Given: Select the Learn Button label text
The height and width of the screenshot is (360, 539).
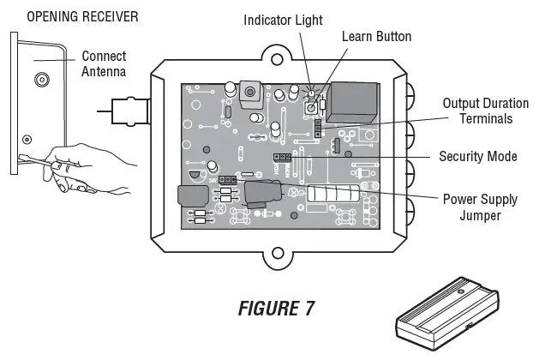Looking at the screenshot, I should pyautogui.click(x=376, y=36).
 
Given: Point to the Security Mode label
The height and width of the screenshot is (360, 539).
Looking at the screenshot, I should pyautogui.click(x=477, y=157).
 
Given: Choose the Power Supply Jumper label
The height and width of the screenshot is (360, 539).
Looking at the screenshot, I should pyautogui.click(x=480, y=207).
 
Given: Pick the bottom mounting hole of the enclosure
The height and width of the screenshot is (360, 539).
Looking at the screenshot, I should pyautogui.click(x=278, y=254).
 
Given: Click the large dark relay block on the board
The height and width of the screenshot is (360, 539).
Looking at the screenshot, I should pyautogui.click(x=351, y=101).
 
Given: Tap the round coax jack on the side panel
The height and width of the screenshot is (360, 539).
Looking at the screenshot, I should pyautogui.click(x=41, y=82).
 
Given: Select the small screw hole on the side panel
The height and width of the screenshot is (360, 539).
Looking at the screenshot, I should pyautogui.click(x=27, y=138).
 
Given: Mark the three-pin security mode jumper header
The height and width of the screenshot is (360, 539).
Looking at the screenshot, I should pyautogui.click(x=280, y=157).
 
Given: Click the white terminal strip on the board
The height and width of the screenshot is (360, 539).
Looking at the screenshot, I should pyautogui.click(x=329, y=197).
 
